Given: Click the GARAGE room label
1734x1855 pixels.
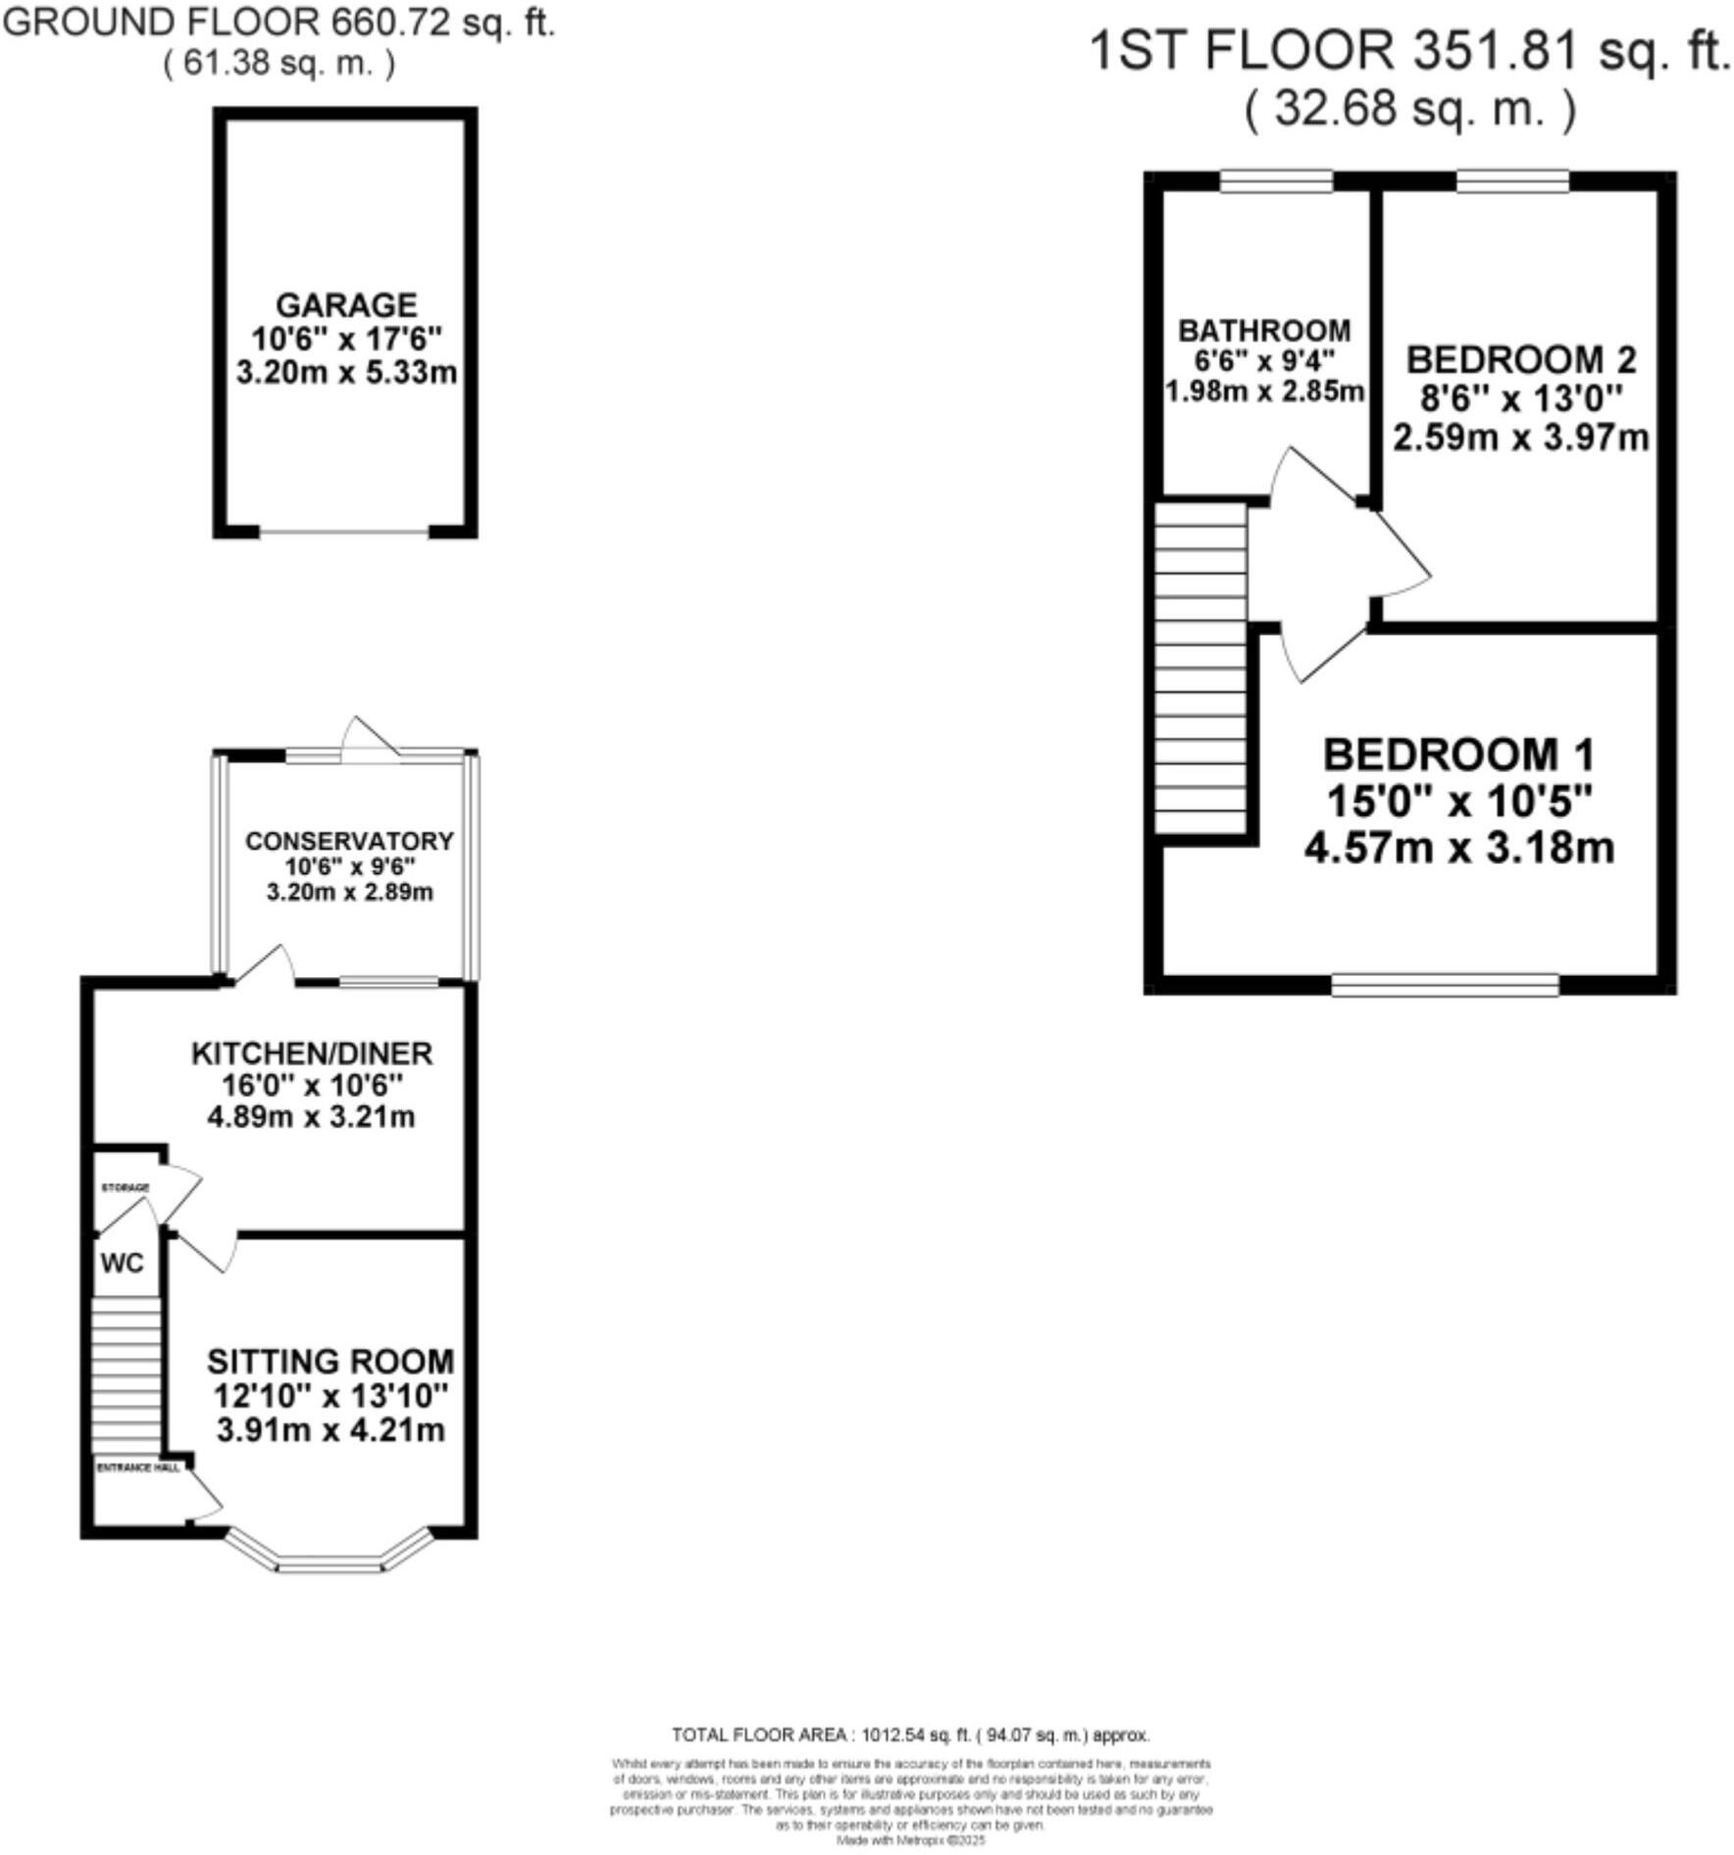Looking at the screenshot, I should tap(346, 305).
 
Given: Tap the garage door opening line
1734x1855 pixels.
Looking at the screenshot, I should tap(344, 532).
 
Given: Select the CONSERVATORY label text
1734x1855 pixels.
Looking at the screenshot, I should tap(349, 841).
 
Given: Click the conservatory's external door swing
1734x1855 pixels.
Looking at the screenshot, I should tap(368, 739).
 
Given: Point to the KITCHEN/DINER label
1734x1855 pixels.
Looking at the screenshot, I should tap(311, 1054).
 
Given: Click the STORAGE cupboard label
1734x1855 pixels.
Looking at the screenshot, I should tap(126, 1187).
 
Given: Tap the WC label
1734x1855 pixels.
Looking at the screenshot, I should tap(122, 1262).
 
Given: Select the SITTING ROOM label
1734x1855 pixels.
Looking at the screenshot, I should tap(331, 1362).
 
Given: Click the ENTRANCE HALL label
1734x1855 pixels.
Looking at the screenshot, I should tap(138, 1468).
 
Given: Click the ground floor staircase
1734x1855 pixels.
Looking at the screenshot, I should tap(126, 1374).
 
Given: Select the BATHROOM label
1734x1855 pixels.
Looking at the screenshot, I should tap(1264, 330).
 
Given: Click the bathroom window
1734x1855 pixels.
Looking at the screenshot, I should tap(1276, 181).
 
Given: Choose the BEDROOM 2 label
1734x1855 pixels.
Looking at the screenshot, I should tap(1521, 360).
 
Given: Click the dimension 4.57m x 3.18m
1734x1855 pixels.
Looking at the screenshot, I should tap(1458, 847).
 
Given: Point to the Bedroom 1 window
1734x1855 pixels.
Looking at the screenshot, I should tap(1445, 984).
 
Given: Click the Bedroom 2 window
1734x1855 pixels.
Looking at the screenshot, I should tap(1512, 181).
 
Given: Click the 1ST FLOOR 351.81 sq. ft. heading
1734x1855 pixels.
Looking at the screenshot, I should tap(1409, 51).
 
